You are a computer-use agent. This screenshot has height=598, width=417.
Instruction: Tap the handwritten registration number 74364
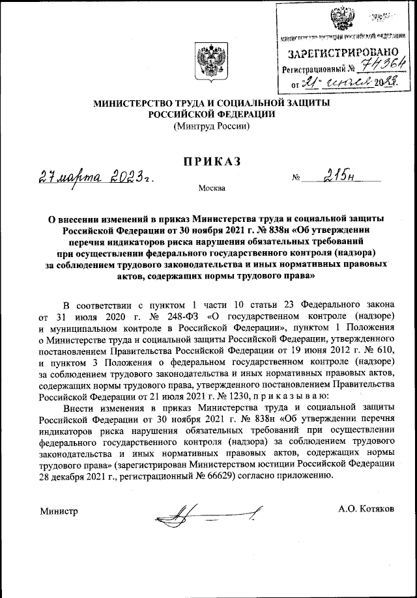384,65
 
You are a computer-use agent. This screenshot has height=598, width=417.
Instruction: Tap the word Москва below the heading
212,189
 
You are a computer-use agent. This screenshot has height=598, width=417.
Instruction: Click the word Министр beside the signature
59,511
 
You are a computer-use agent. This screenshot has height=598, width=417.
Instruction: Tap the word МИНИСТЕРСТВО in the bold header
136,103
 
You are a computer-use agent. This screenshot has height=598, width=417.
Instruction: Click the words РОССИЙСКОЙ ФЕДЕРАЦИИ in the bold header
212,114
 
